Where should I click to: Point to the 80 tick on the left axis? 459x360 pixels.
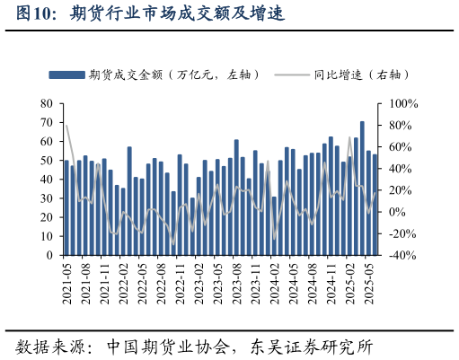(47, 104)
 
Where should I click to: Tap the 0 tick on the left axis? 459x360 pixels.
(50, 255)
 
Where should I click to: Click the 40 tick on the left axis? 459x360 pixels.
(47, 180)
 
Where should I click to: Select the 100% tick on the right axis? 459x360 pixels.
(399, 104)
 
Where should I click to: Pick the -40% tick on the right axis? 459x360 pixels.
(400, 255)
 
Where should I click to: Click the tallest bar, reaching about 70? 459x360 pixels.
(362, 189)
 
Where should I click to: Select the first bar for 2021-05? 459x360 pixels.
(66, 208)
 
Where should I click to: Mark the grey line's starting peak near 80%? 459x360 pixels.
(66, 126)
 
